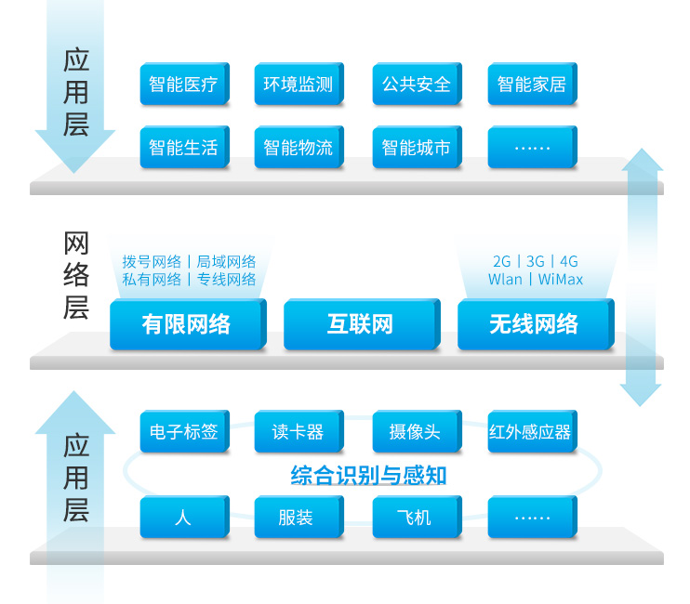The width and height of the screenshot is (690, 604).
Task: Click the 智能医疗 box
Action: pyautogui.click(x=183, y=85)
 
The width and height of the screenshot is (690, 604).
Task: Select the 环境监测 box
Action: pyautogui.click(x=298, y=85)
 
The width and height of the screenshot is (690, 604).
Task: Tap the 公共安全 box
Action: pyautogui.click(x=416, y=85)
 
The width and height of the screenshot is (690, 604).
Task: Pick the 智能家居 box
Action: pyautogui.click(x=531, y=85)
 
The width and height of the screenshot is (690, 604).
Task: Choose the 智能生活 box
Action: pyautogui.click(x=183, y=147)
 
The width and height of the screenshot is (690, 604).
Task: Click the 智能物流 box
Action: pyautogui.click(x=298, y=147)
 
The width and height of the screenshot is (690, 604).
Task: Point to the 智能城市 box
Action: pyautogui.click(x=416, y=147)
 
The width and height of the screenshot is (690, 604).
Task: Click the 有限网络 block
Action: pyautogui.click(x=186, y=324)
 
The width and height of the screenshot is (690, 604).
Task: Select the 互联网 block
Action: pyautogui.click(x=359, y=324)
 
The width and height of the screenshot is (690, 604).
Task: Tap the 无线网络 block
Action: pyautogui.click(x=534, y=324)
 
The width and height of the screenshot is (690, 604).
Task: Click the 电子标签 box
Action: pyautogui.click(x=183, y=432)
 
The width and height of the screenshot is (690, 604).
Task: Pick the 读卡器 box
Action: pyautogui.click(x=298, y=432)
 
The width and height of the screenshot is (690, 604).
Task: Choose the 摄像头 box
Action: pyautogui.click(x=416, y=432)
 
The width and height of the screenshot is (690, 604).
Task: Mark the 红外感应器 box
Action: pyautogui.click(x=531, y=432)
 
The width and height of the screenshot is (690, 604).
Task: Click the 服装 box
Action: pyautogui.click(x=298, y=518)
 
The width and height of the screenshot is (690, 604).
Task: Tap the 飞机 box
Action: pyautogui.click(x=416, y=518)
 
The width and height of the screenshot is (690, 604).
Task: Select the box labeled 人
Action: pyautogui.click(x=183, y=518)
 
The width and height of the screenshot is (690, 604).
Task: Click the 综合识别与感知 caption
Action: pyautogui.click(x=368, y=477)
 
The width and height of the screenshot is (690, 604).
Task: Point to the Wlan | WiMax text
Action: pyautogui.click(x=535, y=280)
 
